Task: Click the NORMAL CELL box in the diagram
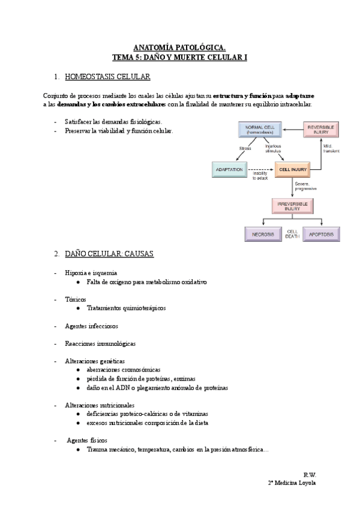[260, 130]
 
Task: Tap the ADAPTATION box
[229, 170]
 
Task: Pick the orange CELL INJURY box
[293, 170]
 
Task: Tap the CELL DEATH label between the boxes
[292, 233]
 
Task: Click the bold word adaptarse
[299, 96]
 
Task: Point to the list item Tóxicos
[76, 299]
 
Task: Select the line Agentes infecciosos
[91, 326]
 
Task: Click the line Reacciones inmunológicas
[100, 344]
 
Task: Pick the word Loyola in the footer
[307, 483]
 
